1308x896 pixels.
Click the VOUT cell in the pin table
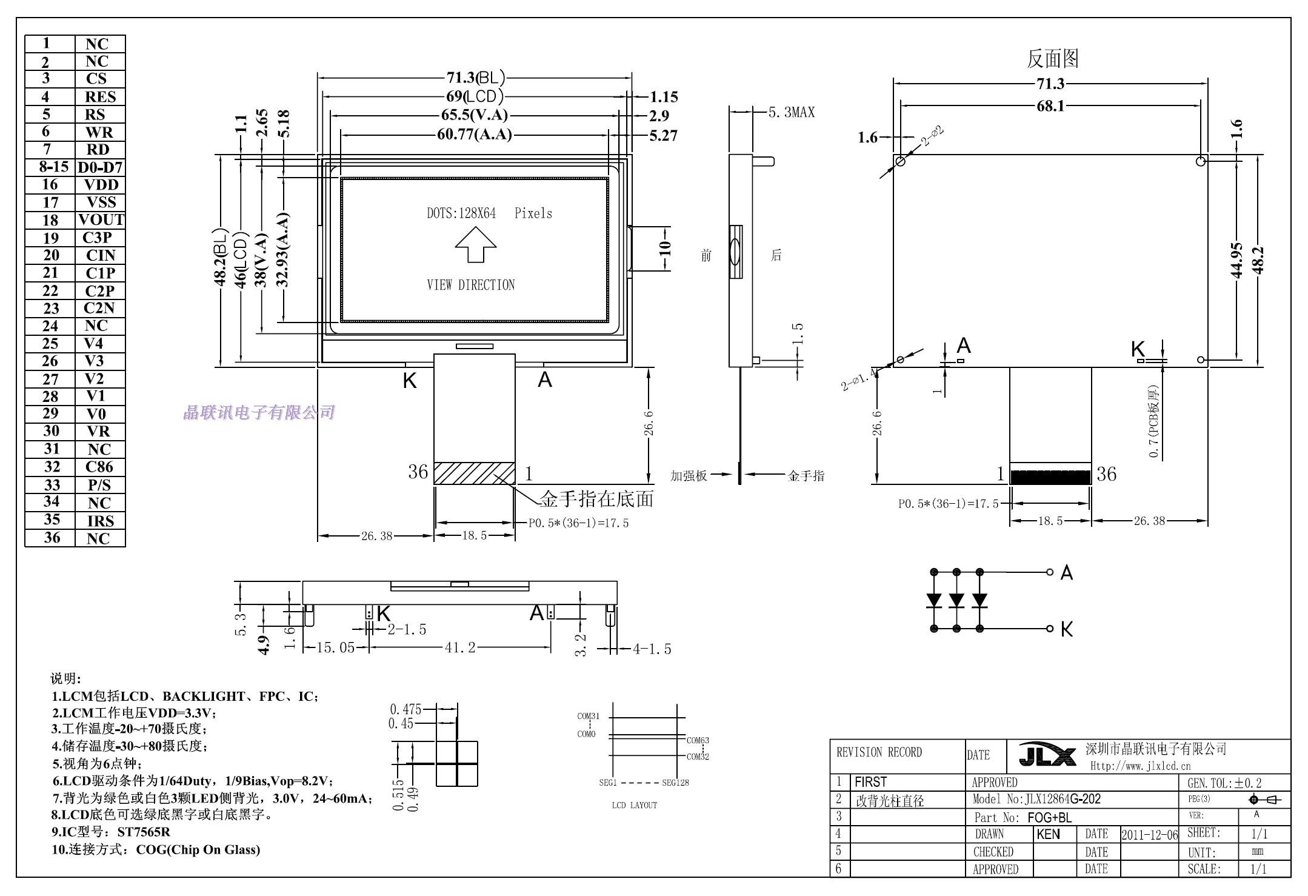(100, 220)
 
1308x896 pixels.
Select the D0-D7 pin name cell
(100, 167)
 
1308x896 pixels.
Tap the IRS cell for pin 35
(100, 521)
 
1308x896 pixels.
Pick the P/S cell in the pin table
(100, 485)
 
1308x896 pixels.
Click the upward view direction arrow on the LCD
(476, 244)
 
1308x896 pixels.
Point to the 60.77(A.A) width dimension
(475, 134)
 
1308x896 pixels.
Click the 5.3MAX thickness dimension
(792, 112)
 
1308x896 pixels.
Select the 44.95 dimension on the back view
(1237, 260)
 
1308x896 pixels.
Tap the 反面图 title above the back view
(1052, 59)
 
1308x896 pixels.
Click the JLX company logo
(1047, 755)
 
